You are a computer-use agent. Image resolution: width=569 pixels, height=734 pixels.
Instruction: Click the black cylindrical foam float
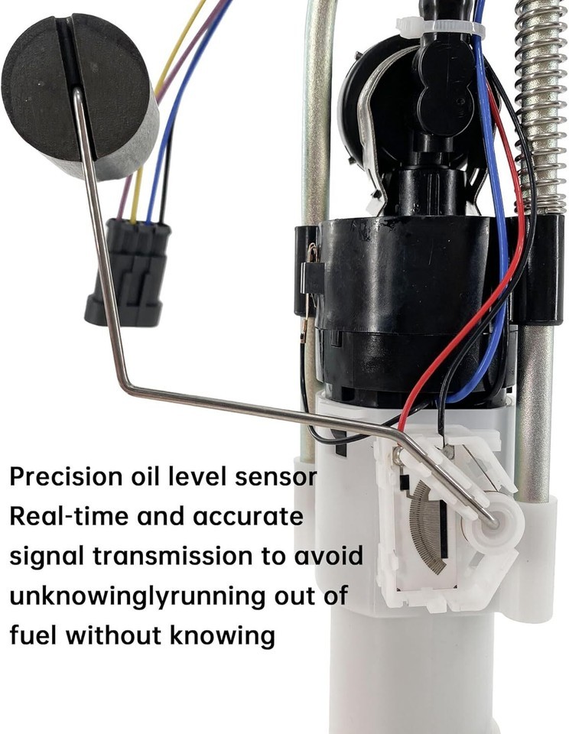80,93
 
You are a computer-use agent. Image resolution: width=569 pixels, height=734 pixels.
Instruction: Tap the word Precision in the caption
66,476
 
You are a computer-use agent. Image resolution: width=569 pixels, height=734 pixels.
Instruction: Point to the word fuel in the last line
32,635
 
